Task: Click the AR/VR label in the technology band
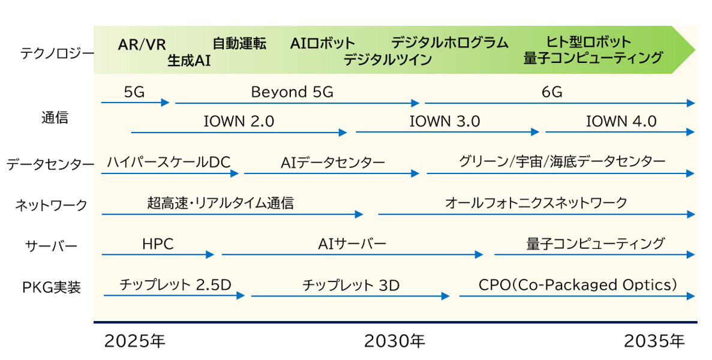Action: (142, 44)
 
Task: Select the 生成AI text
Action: (189, 61)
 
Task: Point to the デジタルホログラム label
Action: (449, 43)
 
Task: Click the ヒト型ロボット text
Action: (588, 42)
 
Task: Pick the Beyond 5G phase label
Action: (292, 92)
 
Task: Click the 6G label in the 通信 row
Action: (552, 92)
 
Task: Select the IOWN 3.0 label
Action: (444, 121)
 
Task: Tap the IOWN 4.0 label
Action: (621, 121)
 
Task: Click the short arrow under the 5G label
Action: (136, 103)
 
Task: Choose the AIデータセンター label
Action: (332, 162)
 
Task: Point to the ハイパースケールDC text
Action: (169, 162)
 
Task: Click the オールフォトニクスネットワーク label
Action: (536, 203)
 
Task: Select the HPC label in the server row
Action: (158, 244)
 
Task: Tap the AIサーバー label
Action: (352, 244)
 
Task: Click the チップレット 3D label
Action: (351, 285)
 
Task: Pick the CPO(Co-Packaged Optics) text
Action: (578, 284)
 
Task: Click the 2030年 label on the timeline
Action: (395, 341)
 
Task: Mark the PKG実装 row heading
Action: (51, 287)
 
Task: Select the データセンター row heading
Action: (50, 164)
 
